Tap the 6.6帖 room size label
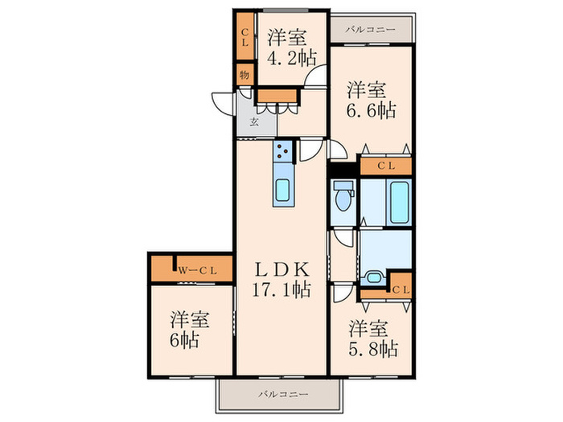pyautogui.click(x=371, y=109)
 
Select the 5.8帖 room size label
pyautogui.click(x=372, y=349)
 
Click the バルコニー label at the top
pyautogui.click(x=370, y=30)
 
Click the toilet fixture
pyautogui.click(x=343, y=195)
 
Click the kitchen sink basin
pyautogui.click(x=284, y=190)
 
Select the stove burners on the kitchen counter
pyautogui.click(x=284, y=150)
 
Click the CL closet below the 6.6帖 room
pyautogui.click(x=386, y=166)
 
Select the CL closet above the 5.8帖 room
pyautogui.click(x=401, y=289)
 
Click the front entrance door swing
pyautogui.click(x=224, y=103)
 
